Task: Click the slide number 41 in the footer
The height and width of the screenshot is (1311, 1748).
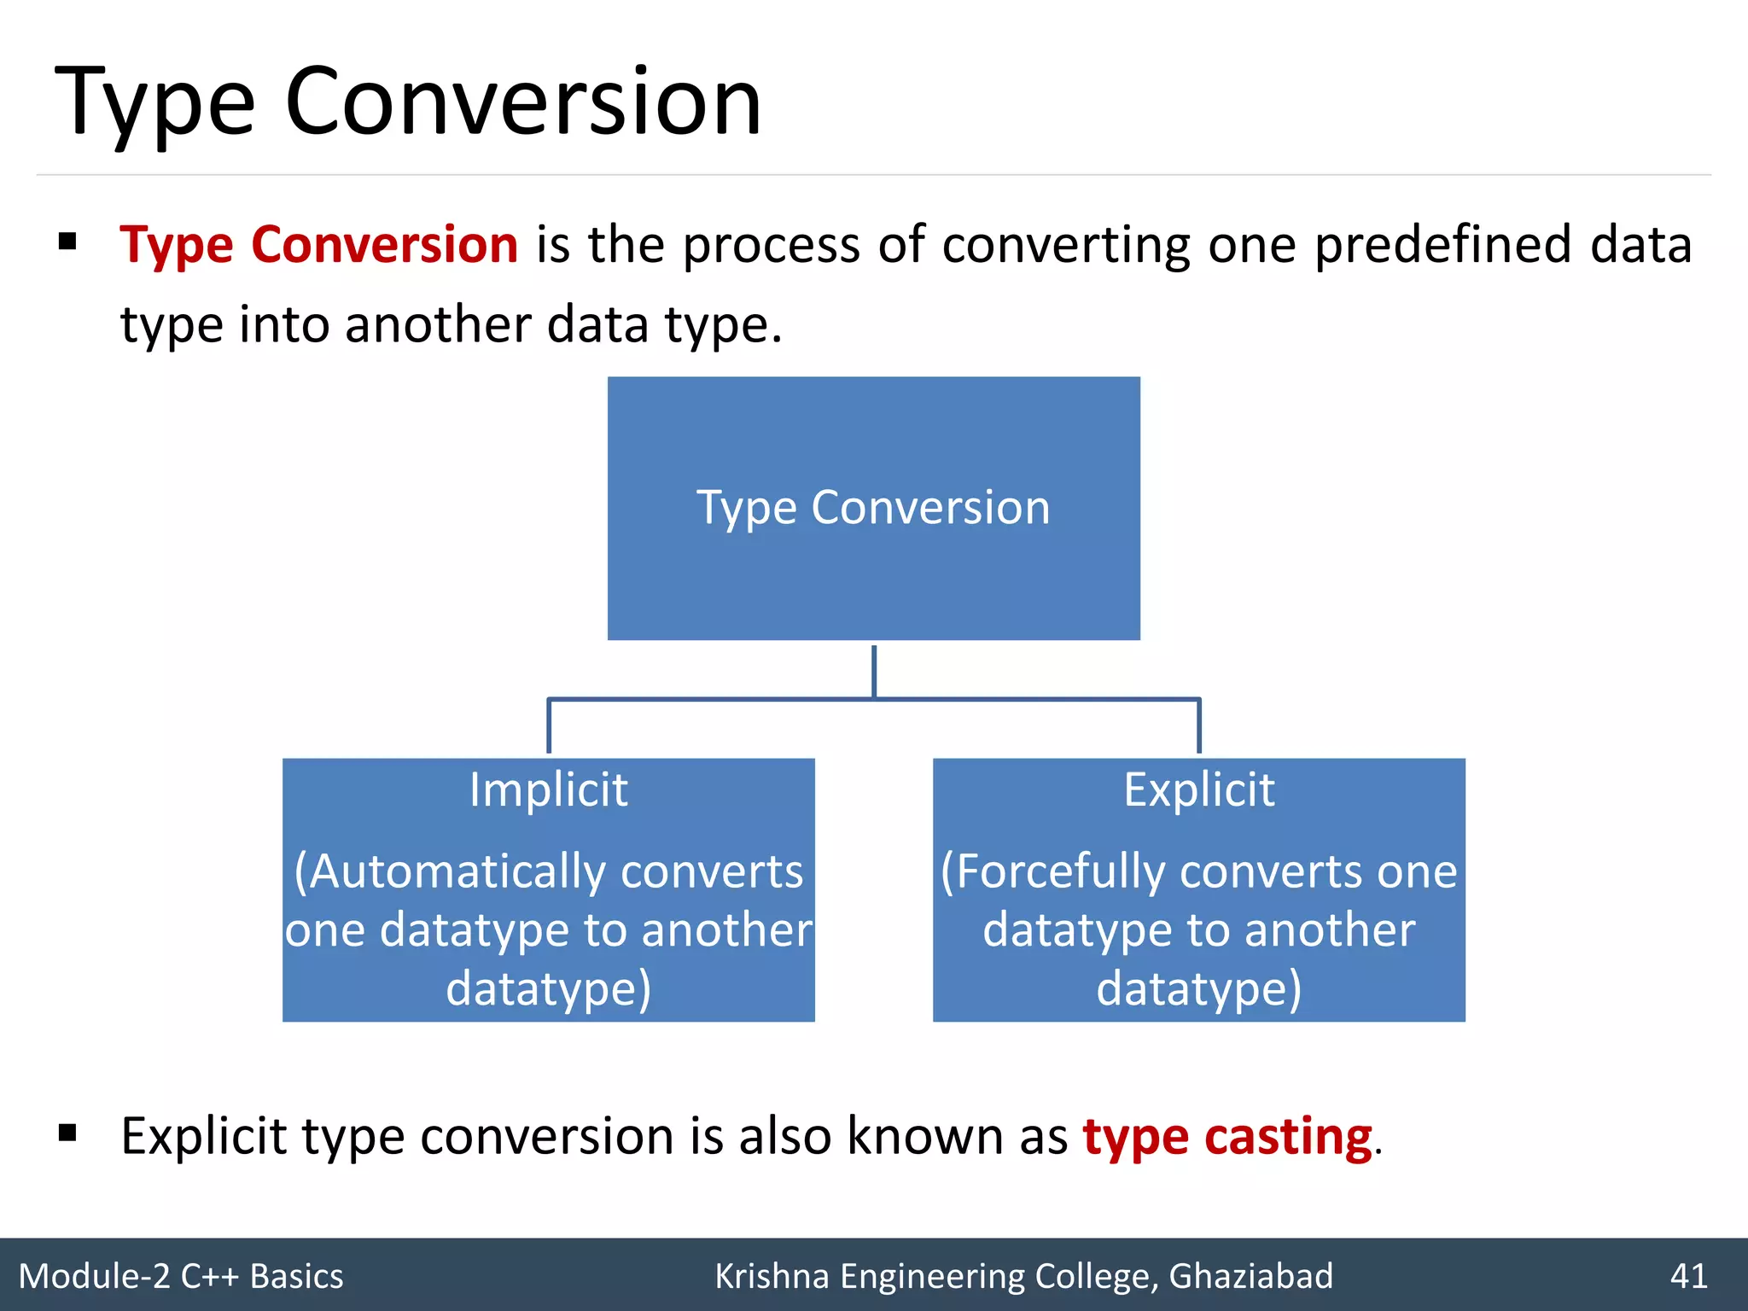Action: coord(1688,1276)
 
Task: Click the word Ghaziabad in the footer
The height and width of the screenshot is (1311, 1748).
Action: coord(1250,1276)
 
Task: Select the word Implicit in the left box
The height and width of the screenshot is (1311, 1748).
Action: coord(549,790)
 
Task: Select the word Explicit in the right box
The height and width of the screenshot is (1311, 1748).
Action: coord(1198,790)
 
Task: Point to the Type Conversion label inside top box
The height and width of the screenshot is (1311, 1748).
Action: coord(873,508)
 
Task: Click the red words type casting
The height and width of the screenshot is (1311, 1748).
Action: coord(1227,1137)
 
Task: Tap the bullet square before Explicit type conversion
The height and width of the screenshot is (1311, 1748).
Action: coord(68,1133)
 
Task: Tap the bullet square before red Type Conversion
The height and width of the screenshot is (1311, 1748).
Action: coord(68,242)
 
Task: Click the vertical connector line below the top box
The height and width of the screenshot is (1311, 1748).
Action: coord(874,671)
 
